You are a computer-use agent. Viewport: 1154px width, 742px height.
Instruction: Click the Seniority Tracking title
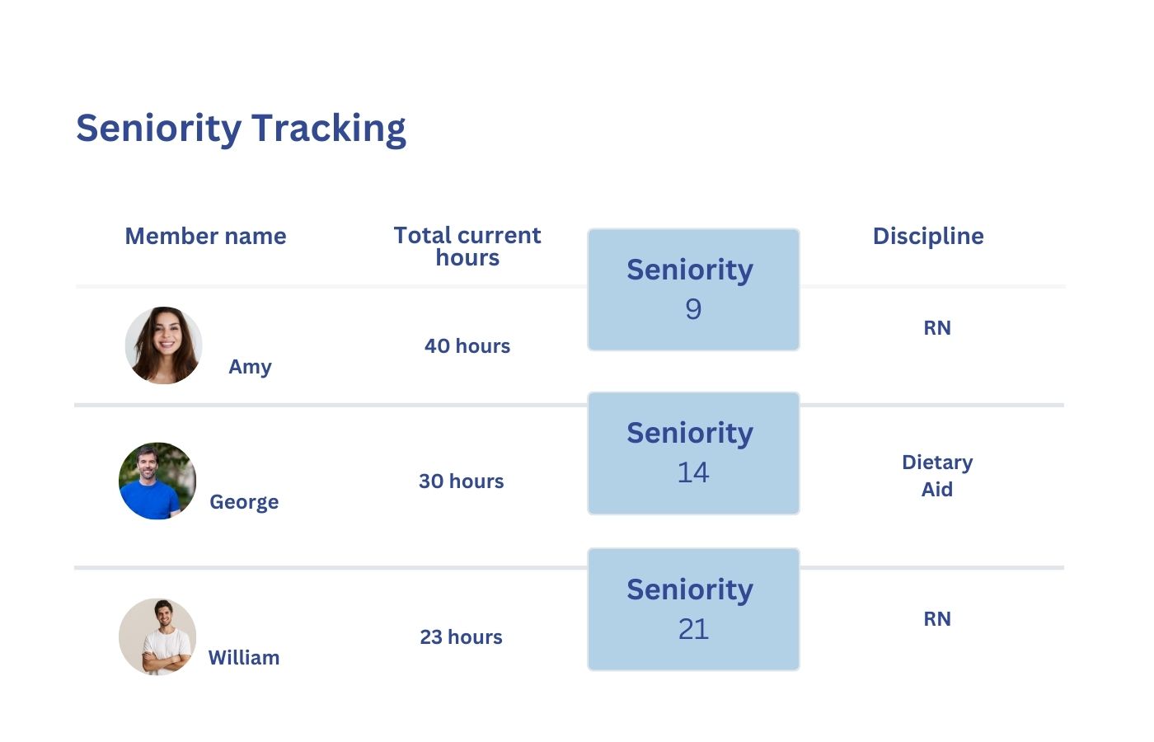pos(241,129)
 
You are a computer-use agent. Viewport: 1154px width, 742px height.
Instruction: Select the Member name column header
pos(205,237)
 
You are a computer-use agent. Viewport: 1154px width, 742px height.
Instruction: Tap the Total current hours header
pos(467,247)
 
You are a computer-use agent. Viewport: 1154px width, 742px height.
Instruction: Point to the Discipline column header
pos(928,237)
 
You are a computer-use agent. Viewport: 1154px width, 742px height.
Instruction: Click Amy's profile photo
pos(164,345)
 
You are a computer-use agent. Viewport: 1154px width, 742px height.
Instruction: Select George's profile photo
pos(157,481)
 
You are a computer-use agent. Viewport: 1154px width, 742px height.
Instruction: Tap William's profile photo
pos(157,636)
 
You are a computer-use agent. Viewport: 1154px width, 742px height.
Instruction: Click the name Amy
pos(250,367)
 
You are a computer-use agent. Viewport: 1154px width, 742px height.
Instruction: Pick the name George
pos(244,502)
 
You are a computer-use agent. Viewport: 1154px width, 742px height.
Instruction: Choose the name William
pos(244,658)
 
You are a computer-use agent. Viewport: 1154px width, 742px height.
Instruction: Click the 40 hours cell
pos(467,346)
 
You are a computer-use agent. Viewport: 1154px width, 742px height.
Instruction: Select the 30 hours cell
pos(461,481)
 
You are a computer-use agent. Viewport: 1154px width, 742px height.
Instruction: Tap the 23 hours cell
pos(461,637)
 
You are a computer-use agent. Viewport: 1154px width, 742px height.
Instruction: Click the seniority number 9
pos(693,309)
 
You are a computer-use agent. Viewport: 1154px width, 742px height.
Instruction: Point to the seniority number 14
pos(693,472)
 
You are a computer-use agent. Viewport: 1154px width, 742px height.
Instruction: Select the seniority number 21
pos(693,629)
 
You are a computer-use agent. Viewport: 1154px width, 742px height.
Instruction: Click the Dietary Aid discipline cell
pos(937,476)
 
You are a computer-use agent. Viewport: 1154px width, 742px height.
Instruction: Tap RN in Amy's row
pos(937,328)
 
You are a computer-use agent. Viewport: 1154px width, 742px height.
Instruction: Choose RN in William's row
pos(937,619)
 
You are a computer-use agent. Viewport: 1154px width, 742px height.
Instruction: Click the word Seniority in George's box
pos(690,434)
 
